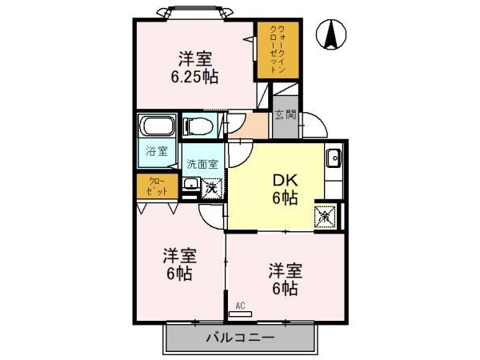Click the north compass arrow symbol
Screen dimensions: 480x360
tap(331, 34)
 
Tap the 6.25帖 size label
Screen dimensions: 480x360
tap(194, 77)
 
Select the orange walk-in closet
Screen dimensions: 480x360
tap(278, 50)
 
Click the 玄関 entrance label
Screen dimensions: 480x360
tap(286, 114)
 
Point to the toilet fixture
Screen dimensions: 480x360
tap(198, 126)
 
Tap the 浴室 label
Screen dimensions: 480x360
tap(157, 150)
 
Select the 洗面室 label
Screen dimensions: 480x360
tap(202, 164)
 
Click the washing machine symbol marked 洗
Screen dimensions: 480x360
tap(212, 187)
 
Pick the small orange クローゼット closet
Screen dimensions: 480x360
tap(157, 186)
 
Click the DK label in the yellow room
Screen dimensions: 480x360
tap(285, 181)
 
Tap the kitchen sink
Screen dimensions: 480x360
tap(334, 158)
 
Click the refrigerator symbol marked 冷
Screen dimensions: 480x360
tap(326, 217)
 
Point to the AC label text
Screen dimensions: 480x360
tap(240, 306)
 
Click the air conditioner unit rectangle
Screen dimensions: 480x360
tap(240, 314)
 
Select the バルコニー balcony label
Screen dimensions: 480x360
tap(240, 338)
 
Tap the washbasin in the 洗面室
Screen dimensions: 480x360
tap(191, 184)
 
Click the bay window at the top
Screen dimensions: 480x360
tap(194, 13)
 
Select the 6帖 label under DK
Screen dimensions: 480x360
tap(285, 198)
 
